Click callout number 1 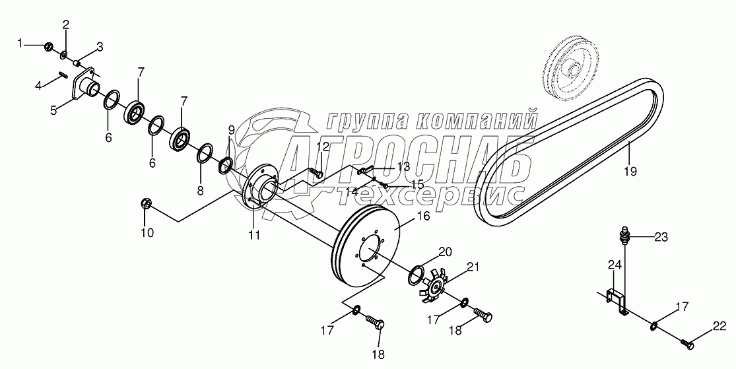click(20, 44)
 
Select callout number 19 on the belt click(630, 172)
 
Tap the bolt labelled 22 click(687, 343)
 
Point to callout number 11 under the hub click(254, 234)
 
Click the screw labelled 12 click(316, 172)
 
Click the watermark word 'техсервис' click(430, 194)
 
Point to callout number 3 click(100, 47)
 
